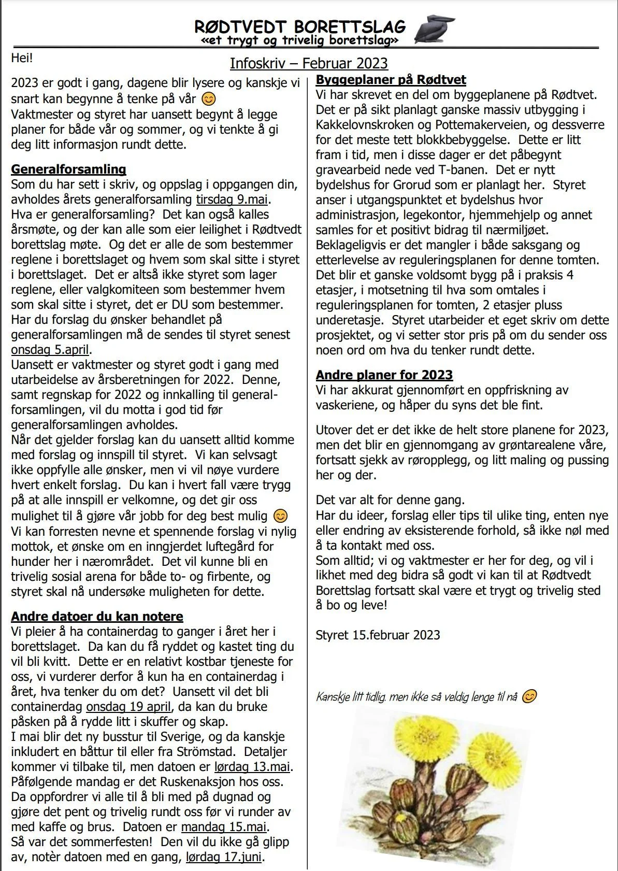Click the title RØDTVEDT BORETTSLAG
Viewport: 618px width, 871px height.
[300, 26]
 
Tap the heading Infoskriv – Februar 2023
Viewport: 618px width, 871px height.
[309, 63]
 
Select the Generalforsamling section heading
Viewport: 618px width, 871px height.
[68, 169]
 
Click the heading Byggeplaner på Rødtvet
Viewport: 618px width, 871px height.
[391, 80]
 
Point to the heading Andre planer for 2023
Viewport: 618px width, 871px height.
[384, 375]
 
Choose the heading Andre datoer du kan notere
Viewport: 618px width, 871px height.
[97, 617]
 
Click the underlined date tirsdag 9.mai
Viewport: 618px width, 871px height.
[233, 199]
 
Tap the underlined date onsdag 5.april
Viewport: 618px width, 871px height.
[50, 350]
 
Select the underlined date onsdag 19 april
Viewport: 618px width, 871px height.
[128, 707]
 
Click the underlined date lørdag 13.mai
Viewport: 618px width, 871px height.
[252, 767]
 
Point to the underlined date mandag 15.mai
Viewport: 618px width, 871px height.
[223, 827]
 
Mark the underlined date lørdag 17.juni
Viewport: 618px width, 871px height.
[223, 857]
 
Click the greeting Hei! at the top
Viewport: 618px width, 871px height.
[22, 58]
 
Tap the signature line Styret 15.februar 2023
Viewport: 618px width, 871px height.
[378, 635]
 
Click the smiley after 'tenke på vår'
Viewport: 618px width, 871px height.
[208, 98]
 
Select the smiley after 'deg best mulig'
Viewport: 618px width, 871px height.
[280, 516]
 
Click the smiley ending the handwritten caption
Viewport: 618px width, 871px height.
[529, 697]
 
